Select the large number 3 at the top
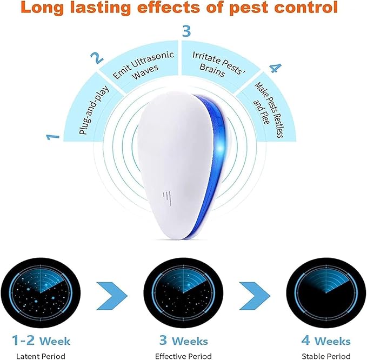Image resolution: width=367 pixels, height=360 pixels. tap(186, 31)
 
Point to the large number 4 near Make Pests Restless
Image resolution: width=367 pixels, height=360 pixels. tap(275, 69)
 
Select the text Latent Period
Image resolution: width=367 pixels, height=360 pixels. tap(41, 356)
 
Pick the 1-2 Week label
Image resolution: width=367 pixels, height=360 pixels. tap(41, 341)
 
